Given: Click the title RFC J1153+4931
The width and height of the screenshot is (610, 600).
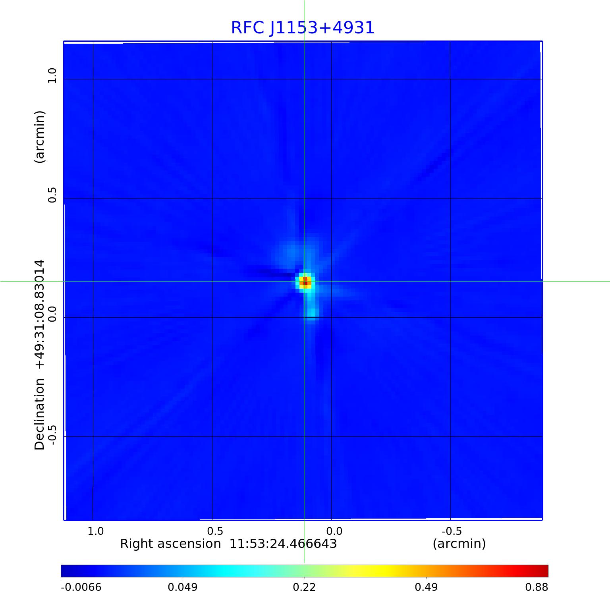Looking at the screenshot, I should pyautogui.click(x=303, y=28).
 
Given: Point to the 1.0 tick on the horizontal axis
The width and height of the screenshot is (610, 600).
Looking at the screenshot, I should pyautogui.click(x=95, y=531).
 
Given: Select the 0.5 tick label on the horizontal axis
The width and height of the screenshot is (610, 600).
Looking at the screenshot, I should pyautogui.click(x=215, y=531).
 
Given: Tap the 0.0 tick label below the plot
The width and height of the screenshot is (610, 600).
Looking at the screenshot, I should pyautogui.click(x=334, y=531).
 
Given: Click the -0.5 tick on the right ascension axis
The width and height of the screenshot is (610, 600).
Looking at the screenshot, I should pyautogui.click(x=452, y=531).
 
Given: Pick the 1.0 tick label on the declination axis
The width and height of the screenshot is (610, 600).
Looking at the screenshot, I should pyautogui.click(x=52, y=75).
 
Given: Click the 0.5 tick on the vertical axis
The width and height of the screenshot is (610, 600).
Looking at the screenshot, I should pyautogui.click(x=52, y=195).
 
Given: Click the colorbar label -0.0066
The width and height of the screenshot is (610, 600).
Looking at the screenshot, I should pyautogui.click(x=81, y=587).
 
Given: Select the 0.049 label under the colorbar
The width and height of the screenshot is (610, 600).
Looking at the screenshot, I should pyautogui.click(x=182, y=587).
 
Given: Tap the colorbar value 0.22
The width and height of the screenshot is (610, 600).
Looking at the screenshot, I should pyautogui.click(x=304, y=587).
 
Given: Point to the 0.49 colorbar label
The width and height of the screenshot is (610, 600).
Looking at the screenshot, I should pyautogui.click(x=426, y=587).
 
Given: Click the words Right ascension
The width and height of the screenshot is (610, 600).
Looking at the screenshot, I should pyautogui.click(x=170, y=544).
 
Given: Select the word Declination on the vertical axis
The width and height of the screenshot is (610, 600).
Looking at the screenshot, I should pyautogui.click(x=40, y=414).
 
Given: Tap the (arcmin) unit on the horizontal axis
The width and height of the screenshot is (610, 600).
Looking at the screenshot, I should pyautogui.click(x=459, y=544).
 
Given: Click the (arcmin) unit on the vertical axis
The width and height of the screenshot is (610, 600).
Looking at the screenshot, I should pyautogui.click(x=40, y=137).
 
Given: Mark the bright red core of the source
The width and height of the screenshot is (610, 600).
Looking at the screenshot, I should pyautogui.click(x=305, y=282).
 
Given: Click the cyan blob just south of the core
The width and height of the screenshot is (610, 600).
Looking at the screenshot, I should pyautogui.click(x=312, y=313).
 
